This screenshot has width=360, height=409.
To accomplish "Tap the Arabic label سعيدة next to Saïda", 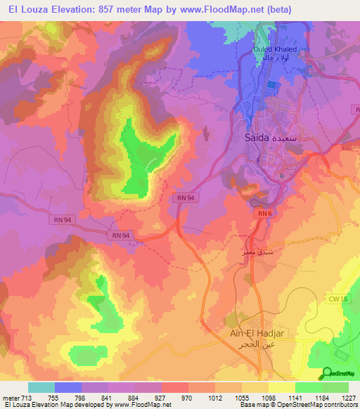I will (x=291, y=138).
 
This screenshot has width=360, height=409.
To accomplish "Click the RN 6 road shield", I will (x=264, y=213).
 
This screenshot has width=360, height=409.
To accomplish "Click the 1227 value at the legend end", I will (x=349, y=397).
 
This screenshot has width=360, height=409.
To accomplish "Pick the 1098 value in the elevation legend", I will (x=281, y=397).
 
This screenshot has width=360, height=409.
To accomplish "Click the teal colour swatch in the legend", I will (x=41, y=387).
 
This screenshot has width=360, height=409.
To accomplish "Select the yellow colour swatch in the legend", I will (x=282, y=387).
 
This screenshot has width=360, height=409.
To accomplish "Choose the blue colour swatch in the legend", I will (x=68, y=387).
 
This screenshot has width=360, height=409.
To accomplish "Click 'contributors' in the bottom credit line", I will (x=340, y=405).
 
